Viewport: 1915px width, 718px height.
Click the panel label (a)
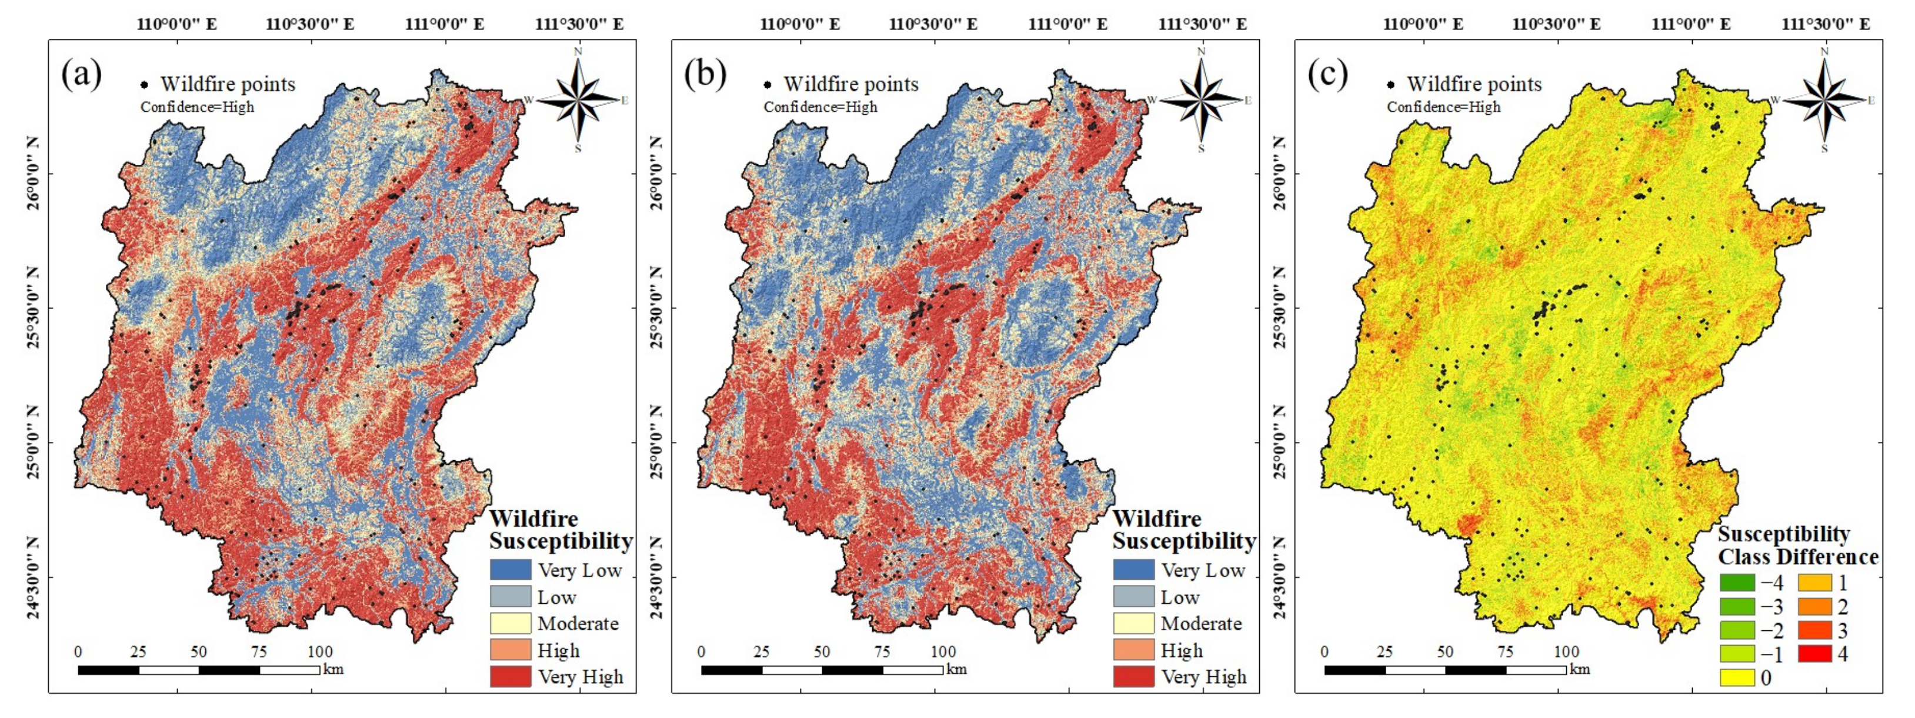click(81, 75)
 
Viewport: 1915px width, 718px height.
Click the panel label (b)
click(704, 75)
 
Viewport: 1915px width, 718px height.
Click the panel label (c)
click(1327, 75)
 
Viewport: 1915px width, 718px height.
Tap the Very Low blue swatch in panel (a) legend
click(510, 570)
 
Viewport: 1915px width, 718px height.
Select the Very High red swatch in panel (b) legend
click(1134, 676)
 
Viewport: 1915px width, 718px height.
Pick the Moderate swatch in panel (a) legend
click(510, 623)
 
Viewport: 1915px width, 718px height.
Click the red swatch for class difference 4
click(1814, 654)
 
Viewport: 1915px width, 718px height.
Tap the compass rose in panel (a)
click(578, 99)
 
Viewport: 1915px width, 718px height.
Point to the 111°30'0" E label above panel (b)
click(1202, 24)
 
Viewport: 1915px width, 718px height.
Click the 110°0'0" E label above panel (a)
click(177, 24)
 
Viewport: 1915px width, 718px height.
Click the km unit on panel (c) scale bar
click(1580, 669)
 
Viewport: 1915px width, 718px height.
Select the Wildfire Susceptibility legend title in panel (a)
click(561, 530)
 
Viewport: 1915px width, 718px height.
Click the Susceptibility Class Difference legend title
click(1797, 546)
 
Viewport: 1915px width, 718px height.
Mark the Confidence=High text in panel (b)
click(820, 107)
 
